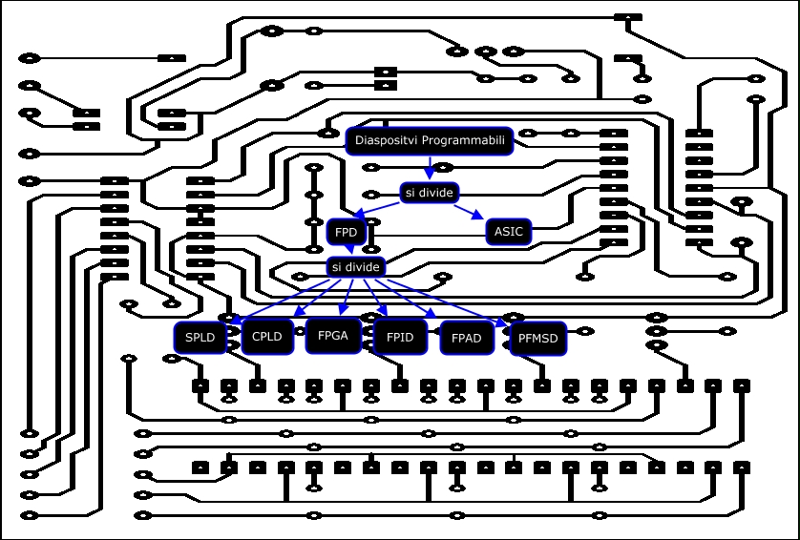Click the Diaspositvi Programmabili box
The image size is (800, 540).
pyautogui.click(x=430, y=141)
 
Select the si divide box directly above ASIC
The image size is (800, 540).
pyautogui.click(x=429, y=193)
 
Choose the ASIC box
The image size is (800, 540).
pyautogui.click(x=508, y=232)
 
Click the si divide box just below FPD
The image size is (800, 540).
pyautogui.click(x=356, y=267)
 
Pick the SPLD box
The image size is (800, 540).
pyautogui.click(x=200, y=337)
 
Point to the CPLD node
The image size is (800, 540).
pyautogui.click(x=266, y=337)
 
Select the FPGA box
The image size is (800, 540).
pyautogui.click(x=333, y=336)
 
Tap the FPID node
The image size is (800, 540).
pyautogui.click(x=400, y=337)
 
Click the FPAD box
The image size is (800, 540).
pyautogui.click(x=467, y=338)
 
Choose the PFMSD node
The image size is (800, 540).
pyautogui.click(x=537, y=338)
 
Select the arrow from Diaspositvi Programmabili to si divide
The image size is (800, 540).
pyautogui.click(x=430, y=167)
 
